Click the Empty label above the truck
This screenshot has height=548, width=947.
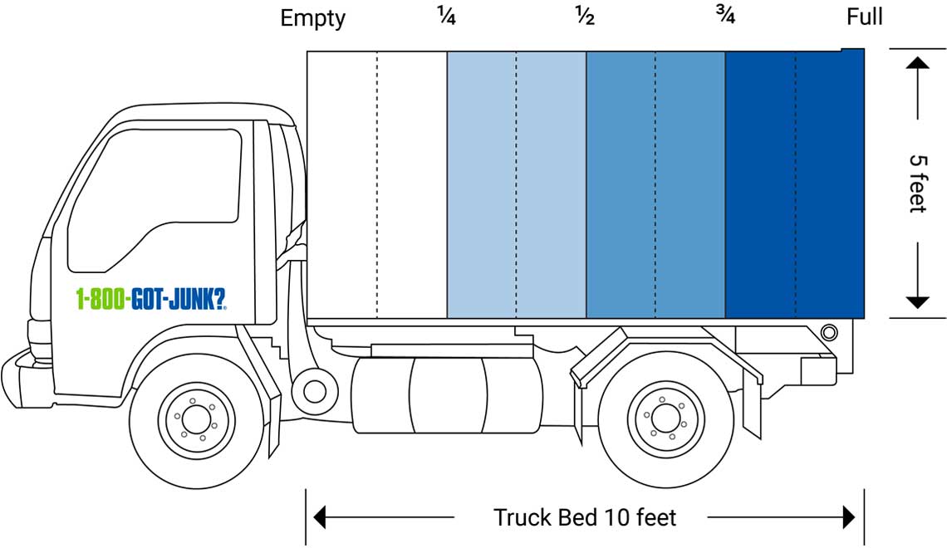pos(313,18)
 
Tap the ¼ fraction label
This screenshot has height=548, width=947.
pos(446,17)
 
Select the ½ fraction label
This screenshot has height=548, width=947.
pos(585,17)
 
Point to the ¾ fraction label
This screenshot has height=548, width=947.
pos(724,17)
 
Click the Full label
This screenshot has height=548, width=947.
pos(865,17)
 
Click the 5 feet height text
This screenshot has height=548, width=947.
pos(917,183)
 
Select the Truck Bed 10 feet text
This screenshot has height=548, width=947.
pos(585,518)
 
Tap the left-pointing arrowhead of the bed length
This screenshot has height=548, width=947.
pos(319,518)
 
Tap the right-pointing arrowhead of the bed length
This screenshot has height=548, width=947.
pos(849,518)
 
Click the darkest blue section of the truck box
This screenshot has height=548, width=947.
pos(795,183)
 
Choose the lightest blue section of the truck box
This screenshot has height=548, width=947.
pos(516,183)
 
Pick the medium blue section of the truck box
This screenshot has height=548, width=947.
pos(655,183)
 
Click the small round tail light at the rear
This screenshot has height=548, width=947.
pos(828,333)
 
